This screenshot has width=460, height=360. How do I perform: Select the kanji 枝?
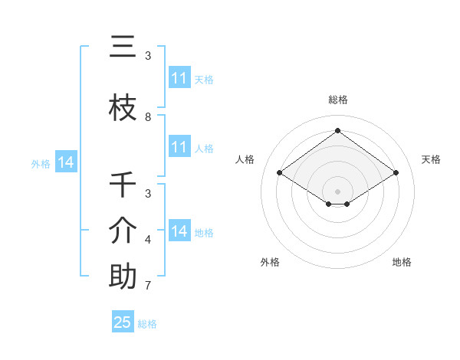point(123,109)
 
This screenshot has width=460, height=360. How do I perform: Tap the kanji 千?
point(123,185)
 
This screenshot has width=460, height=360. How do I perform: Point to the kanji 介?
point(123,231)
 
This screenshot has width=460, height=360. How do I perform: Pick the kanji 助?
point(123,277)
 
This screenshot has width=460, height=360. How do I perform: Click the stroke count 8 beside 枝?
point(148,116)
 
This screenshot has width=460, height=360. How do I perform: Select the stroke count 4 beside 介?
point(148,240)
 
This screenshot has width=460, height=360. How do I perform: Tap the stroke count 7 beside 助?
point(148,286)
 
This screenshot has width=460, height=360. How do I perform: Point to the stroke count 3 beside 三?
point(148,55)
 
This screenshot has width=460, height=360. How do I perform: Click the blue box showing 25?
point(123,322)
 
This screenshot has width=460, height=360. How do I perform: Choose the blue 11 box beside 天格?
point(179,78)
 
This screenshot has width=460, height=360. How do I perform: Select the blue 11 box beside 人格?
point(179,147)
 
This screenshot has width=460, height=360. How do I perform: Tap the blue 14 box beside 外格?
point(65,162)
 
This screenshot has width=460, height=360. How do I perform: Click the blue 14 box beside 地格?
point(179,231)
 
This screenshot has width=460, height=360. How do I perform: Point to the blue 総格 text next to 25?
point(147,324)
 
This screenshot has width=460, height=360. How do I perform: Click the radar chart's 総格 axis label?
point(338,100)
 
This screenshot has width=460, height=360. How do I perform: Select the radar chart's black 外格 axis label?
point(270,262)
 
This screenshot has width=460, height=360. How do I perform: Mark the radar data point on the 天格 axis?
point(396,173)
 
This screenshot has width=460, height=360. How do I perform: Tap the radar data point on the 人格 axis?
point(280,173)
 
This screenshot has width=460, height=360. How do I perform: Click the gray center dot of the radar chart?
point(338,191)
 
